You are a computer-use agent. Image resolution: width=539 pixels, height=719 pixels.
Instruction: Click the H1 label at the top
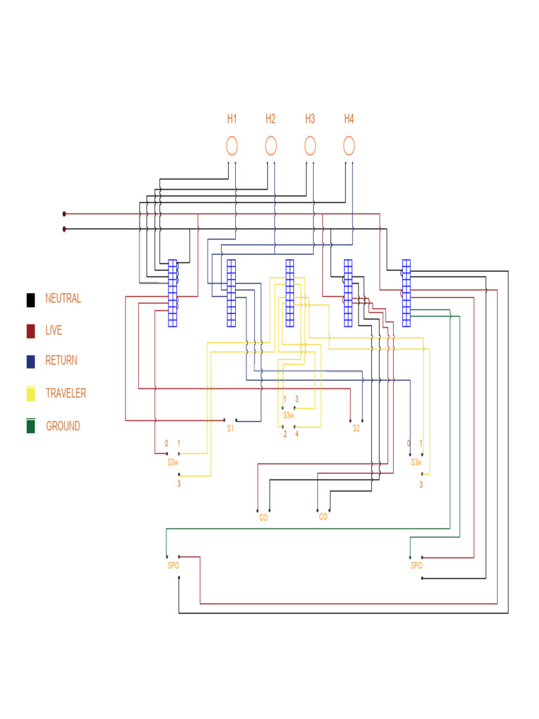coord(232,119)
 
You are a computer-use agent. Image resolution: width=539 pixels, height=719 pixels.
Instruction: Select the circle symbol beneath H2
coord(271,146)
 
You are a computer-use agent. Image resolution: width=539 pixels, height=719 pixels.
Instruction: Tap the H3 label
coord(310,119)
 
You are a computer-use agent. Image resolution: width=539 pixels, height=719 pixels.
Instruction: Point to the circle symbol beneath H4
coord(349,146)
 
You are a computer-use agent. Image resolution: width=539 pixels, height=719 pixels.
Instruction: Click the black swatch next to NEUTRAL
coord(31,300)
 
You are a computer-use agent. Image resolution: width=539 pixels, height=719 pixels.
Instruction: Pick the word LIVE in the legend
coord(54,330)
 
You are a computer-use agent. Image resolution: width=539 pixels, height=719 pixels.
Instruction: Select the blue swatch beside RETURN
coord(31,362)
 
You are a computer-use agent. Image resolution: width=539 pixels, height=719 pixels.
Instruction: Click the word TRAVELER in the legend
coord(66,393)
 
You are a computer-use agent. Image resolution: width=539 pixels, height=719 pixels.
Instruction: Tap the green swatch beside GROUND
coord(31,426)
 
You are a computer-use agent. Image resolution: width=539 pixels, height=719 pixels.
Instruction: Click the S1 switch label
coord(230,428)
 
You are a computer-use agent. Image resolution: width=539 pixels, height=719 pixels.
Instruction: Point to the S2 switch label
coord(356,428)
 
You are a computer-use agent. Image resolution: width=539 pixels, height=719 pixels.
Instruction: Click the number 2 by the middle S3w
coord(285,434)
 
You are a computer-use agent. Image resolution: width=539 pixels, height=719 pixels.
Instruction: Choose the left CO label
coord(264,517)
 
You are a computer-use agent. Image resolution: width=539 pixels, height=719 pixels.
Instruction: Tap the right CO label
coord(324,517)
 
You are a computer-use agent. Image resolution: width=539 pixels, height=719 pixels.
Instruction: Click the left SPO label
coord(173,565)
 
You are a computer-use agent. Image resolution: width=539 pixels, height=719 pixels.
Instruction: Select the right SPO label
coord(416,565)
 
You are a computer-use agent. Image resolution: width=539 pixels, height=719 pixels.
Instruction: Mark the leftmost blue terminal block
coord(173,293)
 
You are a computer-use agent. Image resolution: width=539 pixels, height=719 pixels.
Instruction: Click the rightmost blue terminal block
coord(406,293)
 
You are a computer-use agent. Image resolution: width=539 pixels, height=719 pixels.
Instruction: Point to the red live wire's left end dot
coord(65,213)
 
